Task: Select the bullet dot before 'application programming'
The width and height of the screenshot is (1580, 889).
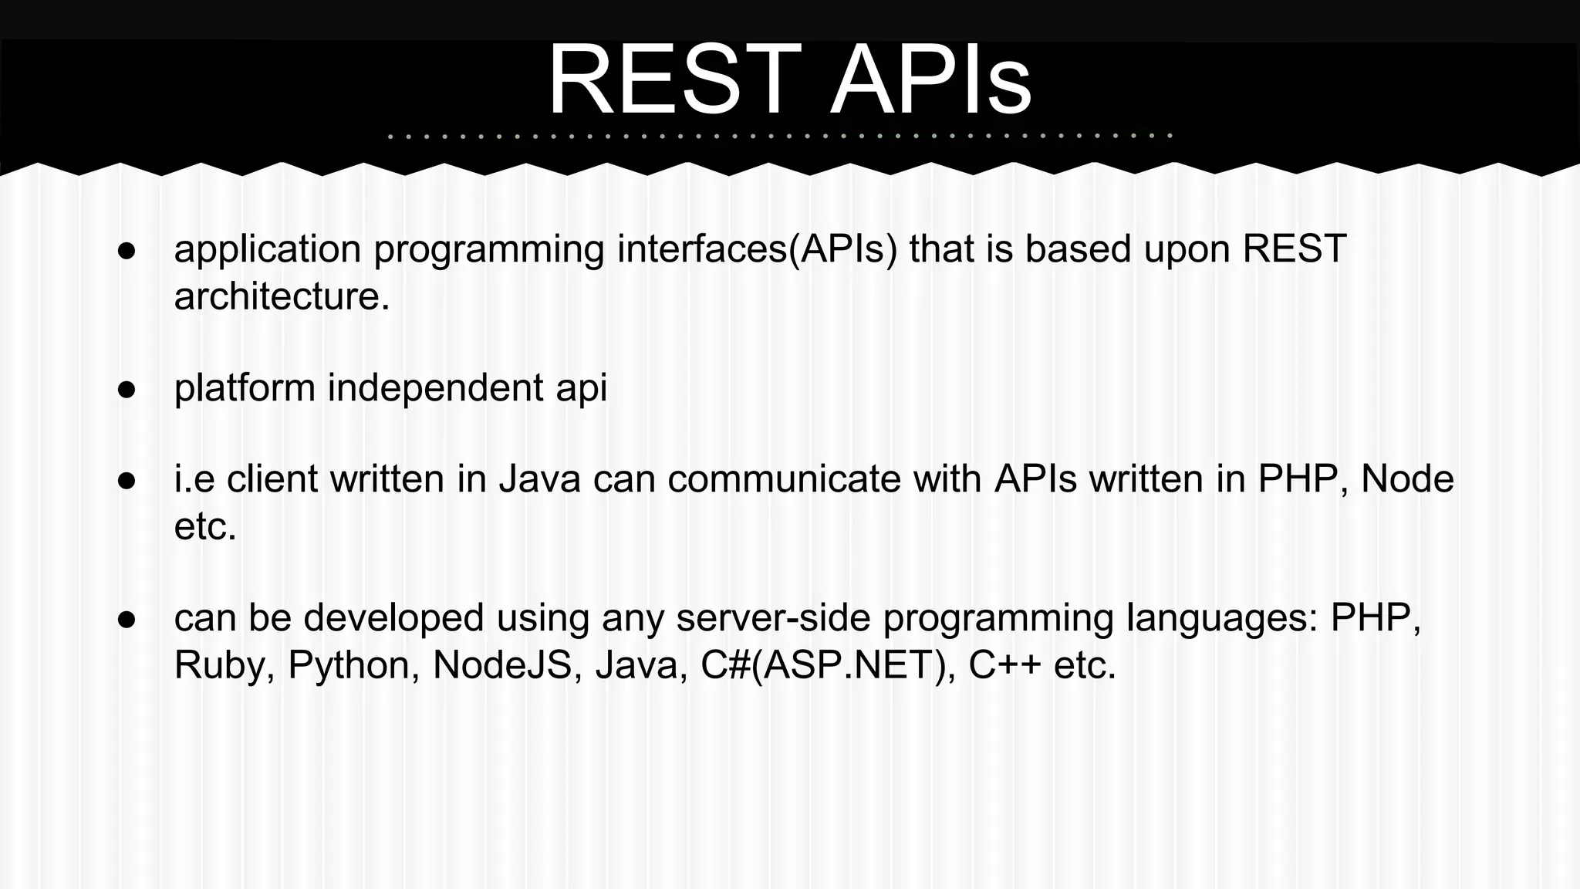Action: click(x=127, y=252)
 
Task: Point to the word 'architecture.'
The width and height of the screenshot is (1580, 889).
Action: click(x=282, y=296)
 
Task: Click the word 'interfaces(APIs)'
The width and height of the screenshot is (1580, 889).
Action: click(x=757, y=250)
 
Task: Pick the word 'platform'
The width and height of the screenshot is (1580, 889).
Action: click(x=245, y=388)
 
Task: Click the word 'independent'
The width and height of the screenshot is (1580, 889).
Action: click(x=435, y=388)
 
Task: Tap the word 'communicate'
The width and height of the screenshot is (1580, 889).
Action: click(x=784, y=479)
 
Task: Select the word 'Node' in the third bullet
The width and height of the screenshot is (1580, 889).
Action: click(x=1407, y=479)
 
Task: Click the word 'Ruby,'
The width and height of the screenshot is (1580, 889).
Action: click(x=225, y=666)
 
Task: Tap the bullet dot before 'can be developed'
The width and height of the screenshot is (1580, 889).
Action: click(x=127, y=620)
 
